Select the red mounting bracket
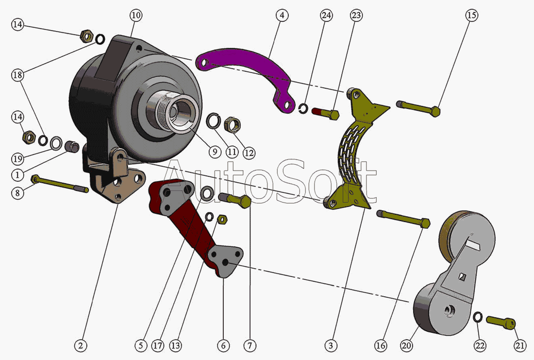click(x=192, y=219)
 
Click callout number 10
click(x=136, y=16)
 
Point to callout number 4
click(x=282, y=16)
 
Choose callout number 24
click(x=326, y=16)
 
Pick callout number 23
click(x=356, y=16)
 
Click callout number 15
click(x=471, y=16)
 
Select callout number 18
click(x=18, y=75)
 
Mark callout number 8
click(x=18, y=193)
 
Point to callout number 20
click(x=406, y=345)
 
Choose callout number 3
click(x=331, y=345)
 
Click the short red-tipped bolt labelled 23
click(x=325, y=113)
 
